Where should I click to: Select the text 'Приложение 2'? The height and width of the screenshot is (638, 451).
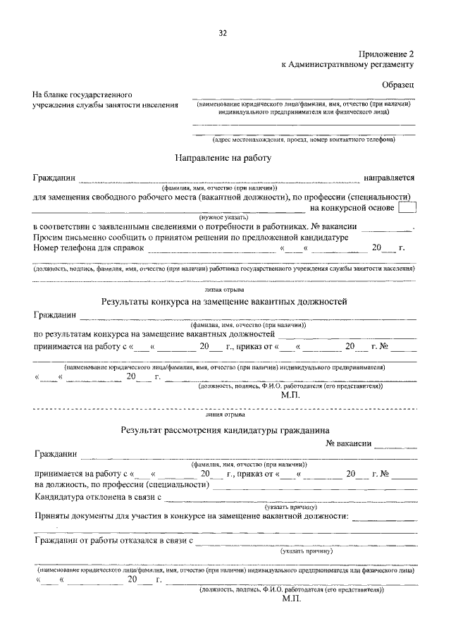point(387,53)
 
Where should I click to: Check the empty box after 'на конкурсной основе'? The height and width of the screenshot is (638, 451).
point(407,208)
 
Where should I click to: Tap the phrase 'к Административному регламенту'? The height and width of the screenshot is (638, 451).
point(347,63)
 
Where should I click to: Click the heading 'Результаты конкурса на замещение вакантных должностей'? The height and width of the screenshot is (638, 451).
point(225,302)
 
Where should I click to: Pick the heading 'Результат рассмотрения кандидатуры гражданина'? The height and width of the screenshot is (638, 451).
point(224,429)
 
